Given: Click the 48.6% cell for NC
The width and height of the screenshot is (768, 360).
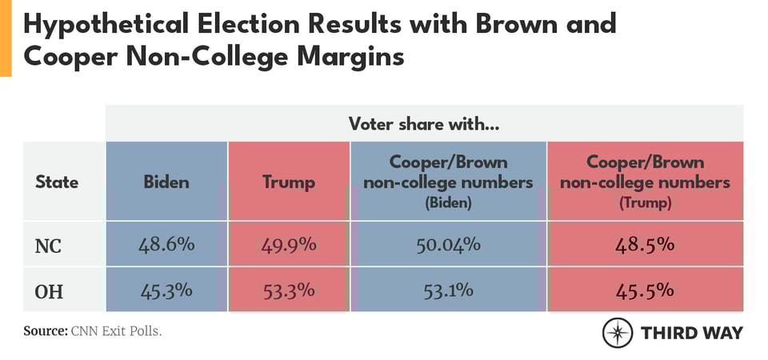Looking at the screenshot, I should point(166,244).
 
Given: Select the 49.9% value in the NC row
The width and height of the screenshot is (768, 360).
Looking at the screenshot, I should point(289,244).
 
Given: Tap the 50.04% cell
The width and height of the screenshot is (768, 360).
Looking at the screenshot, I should point(448,244).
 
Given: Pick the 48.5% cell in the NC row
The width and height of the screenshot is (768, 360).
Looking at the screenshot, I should point(645,244).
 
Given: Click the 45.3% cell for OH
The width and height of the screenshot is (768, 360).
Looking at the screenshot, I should point(166,289).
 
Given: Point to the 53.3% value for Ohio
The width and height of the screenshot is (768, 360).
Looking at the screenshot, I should point(289,289).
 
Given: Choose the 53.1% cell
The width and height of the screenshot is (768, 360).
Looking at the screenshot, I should point(448,289).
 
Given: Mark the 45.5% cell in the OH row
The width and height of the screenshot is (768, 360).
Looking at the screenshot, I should point(645,289).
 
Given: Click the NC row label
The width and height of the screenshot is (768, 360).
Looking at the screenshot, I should point(47,245).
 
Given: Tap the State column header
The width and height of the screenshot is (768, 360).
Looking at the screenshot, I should point(57,182).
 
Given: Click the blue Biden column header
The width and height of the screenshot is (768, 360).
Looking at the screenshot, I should point(166,182).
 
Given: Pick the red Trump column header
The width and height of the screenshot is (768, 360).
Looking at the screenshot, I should point(289,182).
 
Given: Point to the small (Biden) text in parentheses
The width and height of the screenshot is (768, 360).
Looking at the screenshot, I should point(448,204).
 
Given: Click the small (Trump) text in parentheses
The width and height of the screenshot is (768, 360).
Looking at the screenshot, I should point(645,204).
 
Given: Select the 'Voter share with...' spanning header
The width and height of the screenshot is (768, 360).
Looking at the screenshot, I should point(424,124).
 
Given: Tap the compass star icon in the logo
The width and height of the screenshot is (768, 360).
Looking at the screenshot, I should point(618,333).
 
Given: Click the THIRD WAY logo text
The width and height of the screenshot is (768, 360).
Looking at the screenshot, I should point(692,333).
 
